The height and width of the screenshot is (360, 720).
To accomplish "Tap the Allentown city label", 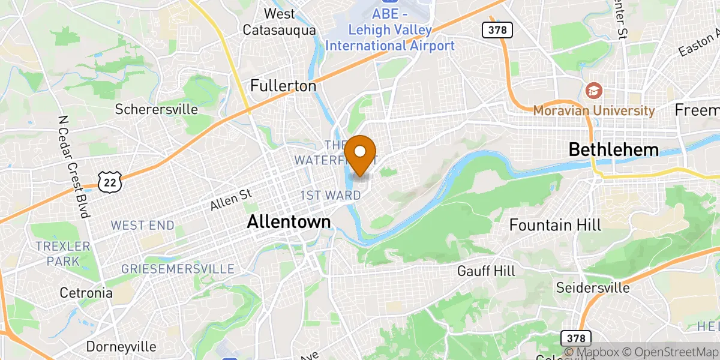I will tap(289, 222).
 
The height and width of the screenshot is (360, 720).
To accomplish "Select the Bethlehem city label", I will tap(613, 149).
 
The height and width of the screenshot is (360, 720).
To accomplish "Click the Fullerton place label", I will tap(283, 86).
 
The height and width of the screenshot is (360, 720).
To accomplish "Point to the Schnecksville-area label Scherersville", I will tap(157, 109).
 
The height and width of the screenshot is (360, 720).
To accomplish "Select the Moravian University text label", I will tap(594, 110).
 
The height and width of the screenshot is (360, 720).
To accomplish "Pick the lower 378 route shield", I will tap(577, 338).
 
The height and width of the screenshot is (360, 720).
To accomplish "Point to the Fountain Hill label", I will tap(555, 225).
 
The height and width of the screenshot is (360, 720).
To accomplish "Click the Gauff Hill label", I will tap(486, 271).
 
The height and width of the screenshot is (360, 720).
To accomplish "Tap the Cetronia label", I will tap(86, 293).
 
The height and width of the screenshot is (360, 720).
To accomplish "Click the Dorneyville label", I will tap(121, 347).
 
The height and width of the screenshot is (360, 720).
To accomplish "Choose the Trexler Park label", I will tap(62, 253).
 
